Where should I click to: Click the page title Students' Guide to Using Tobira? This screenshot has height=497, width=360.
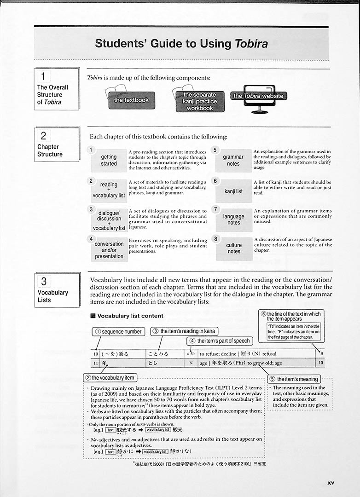[181, 44]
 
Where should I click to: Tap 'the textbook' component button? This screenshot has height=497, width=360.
[131, 100]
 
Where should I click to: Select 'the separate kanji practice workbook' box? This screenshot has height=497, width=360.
[200, 101]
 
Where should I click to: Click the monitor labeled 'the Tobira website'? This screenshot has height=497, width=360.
[258, 97]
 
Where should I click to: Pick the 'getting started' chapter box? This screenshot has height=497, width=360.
[109, 160]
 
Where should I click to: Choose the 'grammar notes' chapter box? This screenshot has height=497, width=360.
[233, 160]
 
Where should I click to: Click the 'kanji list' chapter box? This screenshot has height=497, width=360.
[233, 191]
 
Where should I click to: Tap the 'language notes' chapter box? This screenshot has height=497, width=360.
[234, 220]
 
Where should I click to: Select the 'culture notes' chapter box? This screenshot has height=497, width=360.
[234, 248]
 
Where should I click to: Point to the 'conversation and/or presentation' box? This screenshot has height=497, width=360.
[109, 250]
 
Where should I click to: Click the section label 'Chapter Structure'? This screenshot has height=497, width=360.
[50, 150]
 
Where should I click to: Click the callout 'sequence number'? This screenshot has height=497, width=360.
[119, 331]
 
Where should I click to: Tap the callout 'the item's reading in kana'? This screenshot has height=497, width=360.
[184, 331]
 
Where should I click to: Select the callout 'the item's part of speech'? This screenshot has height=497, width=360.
[220, 341]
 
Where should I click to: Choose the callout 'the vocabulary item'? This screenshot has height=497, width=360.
[110, 378]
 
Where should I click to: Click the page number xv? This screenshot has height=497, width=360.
[331, 483]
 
